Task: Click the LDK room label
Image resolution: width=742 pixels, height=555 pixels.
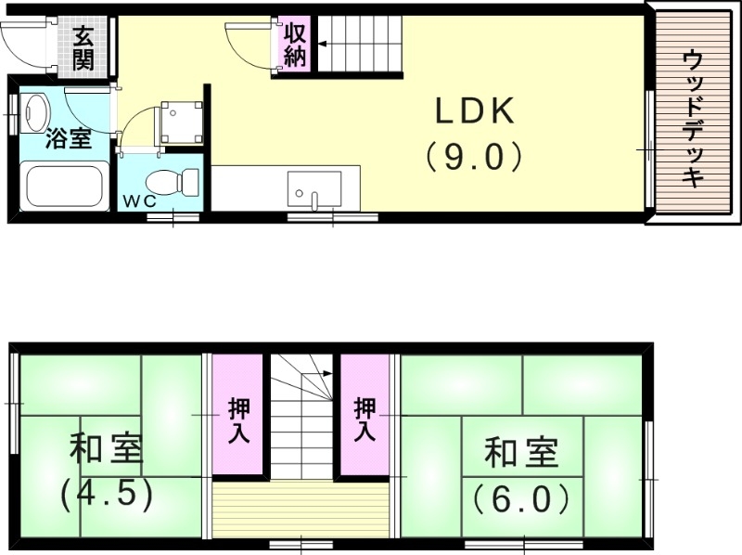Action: pyautogui.click(x=476, y=113)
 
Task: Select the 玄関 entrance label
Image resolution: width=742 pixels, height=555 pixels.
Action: pyautogui.click(x=83, y=48)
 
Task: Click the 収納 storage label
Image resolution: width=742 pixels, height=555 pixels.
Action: pyautogui.click(x=295, y=45)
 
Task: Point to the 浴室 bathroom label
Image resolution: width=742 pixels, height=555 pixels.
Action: pyautogui.click(x=68, y=140)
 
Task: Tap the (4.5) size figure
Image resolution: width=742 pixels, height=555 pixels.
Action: pyautogui.click(x=106, y=494)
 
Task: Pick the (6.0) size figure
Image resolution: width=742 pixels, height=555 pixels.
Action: pyautogui.click(x=519, y=500)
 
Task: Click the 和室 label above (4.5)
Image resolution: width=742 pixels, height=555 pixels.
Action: pyautogui.click(x=106, y=452)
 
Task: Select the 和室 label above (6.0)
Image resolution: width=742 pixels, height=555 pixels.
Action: pyautogui.click(x=520, y=456)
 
